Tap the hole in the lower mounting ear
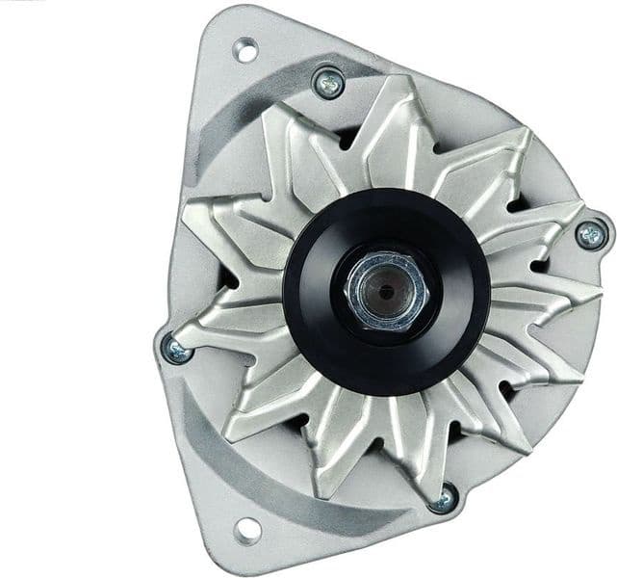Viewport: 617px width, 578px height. tap(246, 528)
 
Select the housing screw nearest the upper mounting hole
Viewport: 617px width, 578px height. tap(328, 83)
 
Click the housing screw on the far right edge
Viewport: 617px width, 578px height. tap(590, 232)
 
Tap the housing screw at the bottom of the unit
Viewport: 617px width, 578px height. tap(443, 498)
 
